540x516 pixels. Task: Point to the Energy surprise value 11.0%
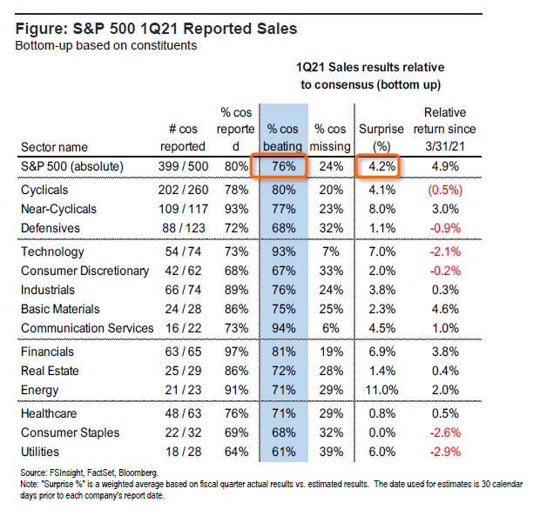[x=377, y=391]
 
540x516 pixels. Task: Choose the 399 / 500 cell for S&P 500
[x=182, y=166]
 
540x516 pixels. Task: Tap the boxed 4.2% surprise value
[x=377, y=166]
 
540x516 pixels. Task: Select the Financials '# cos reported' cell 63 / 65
[x=182, y=352]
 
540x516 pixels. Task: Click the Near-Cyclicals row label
[x=59, y=209]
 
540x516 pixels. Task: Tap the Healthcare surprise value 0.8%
[x=377, y=413]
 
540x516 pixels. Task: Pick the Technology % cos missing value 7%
[x=331, y=251]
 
